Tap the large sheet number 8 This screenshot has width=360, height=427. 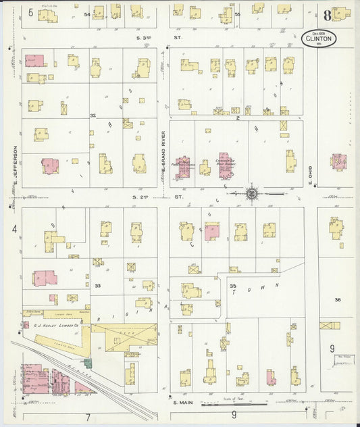pos(327,15)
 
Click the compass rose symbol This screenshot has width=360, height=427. pos(251,194)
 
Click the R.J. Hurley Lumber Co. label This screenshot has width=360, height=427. pos(61,325)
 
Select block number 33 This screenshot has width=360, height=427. pos(97,286)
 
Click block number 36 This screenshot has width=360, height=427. pos(338,299)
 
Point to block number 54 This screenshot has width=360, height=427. pos(86,14)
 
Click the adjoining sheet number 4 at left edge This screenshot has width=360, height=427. pos(14,229)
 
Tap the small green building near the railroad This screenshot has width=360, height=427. pos(88,364)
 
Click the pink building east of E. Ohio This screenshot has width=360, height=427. pos(338,161)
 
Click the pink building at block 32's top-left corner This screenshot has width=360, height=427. pos(35,61)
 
